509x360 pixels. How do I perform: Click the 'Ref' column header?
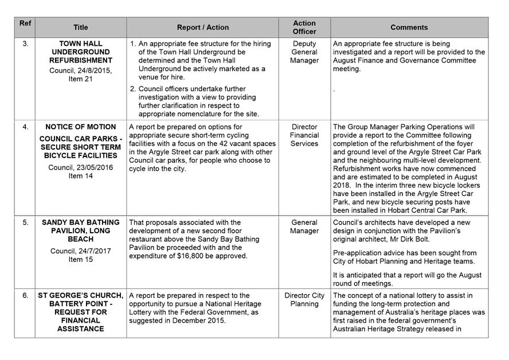[x=25, y=24]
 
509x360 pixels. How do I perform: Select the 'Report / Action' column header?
[x=202, y=28]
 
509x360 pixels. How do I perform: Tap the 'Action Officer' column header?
[x=304, y=28]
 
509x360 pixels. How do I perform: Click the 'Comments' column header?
[x=409, y=28]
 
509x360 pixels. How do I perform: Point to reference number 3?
[x=25, y=44]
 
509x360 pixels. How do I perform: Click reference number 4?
[x=25, y=127]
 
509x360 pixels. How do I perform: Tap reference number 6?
[x=25, y=296]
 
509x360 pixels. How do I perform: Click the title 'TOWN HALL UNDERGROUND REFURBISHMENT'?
[x=80, y=52]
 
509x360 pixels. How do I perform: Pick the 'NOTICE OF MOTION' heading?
[x=80, y=127]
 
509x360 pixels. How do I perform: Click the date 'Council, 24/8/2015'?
[x=80, y=71]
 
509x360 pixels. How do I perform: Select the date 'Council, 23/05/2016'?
[x=80, y=167]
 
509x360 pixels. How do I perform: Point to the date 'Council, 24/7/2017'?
[x=80, y=251]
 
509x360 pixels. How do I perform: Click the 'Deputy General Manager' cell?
[x=304, y=52]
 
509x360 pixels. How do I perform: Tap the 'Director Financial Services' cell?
[x=304, y=135]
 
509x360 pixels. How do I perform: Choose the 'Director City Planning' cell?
[x=304, y=300]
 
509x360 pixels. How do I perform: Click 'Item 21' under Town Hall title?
[x=80, y=79]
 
